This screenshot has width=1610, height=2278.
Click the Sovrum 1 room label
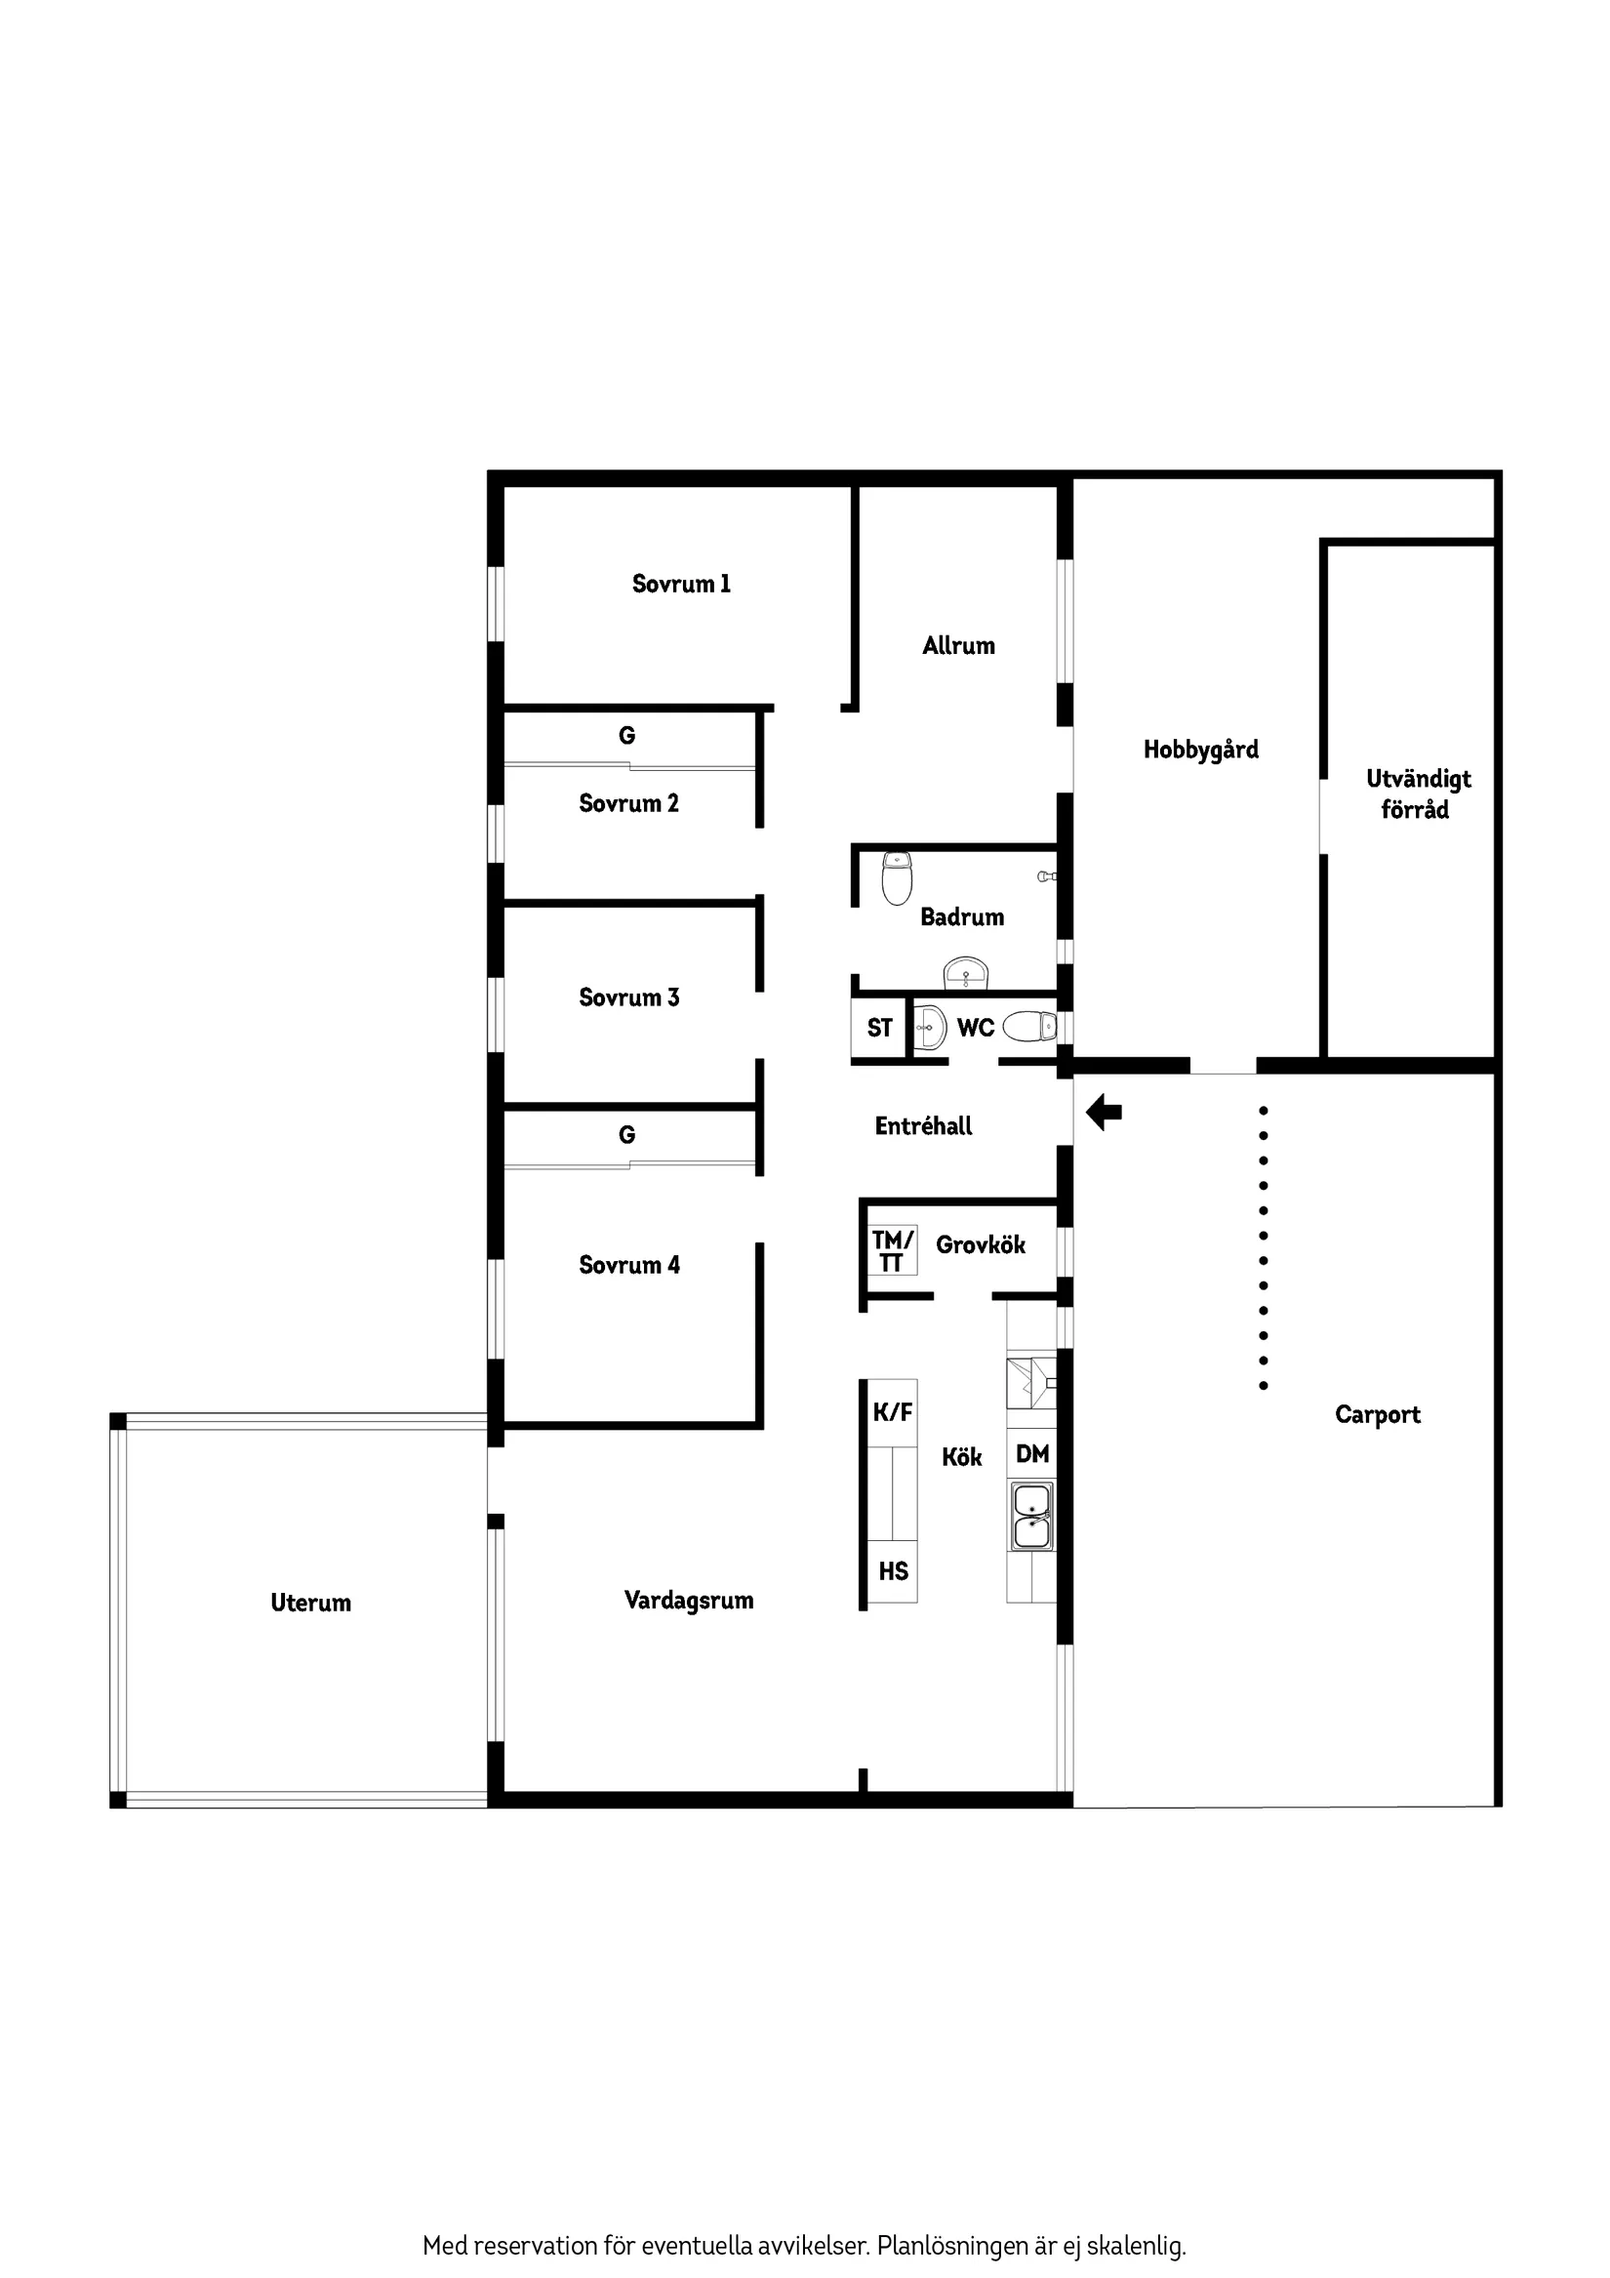680,584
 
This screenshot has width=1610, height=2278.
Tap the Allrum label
958,646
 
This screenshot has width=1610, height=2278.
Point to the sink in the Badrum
965,973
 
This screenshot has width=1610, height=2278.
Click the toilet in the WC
1029,1026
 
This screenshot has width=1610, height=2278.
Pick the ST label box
879,1028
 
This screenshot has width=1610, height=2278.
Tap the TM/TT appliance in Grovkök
892,1250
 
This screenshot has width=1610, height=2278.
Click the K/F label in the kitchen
892,1413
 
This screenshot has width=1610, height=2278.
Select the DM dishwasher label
1031,1454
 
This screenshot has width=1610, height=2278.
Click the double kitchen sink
1031,1516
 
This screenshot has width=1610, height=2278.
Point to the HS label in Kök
893,1571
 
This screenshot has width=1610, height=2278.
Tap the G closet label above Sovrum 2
627,736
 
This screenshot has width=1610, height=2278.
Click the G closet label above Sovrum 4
627,1135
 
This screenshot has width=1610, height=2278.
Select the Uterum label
310,1604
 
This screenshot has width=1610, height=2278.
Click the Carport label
1377,1415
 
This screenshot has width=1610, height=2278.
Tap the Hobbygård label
1200,751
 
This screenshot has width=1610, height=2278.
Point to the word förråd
1415,811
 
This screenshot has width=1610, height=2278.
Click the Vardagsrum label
689,1601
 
